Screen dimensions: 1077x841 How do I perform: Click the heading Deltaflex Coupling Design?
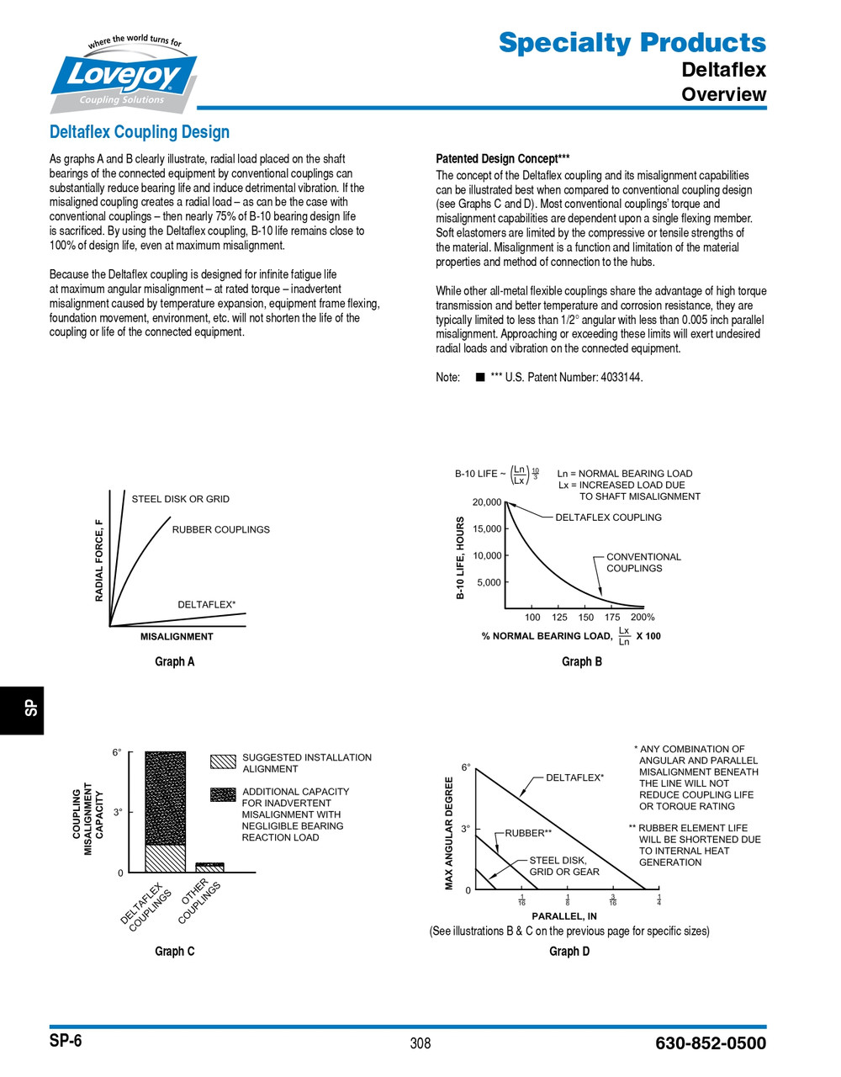(x=140, y=132)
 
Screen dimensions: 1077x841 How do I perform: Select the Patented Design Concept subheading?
(x=502, y=159)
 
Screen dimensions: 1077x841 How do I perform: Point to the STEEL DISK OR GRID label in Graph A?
(x=180, y=499)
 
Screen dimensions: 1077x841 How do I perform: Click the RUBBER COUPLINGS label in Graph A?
(x=220, y=529)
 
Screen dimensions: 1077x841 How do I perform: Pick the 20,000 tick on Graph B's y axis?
(x=486, y=502)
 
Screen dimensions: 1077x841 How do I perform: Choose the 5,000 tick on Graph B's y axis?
(x=489, y=582)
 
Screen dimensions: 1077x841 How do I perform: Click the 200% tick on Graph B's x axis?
(x=643, y=618)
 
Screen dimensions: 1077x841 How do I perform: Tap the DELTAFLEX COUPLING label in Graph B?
(x=608, y=517)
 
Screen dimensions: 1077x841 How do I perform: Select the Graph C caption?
(x=174, y=951)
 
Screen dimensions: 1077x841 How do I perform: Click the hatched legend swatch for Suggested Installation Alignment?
(x=223, y=761)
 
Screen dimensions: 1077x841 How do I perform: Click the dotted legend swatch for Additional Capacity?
(x=223, y=794)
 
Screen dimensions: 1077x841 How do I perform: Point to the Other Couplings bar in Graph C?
(x=209, y=867)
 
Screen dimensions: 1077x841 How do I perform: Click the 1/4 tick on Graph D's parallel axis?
(x=659, y=901)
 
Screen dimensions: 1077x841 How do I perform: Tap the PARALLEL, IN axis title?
(x=563, y=916)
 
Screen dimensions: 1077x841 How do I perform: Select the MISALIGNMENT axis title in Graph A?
(x=177, y=637)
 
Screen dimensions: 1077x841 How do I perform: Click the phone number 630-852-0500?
(x=711, y=1043)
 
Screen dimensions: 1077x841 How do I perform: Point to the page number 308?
(x=420, y=1043)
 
